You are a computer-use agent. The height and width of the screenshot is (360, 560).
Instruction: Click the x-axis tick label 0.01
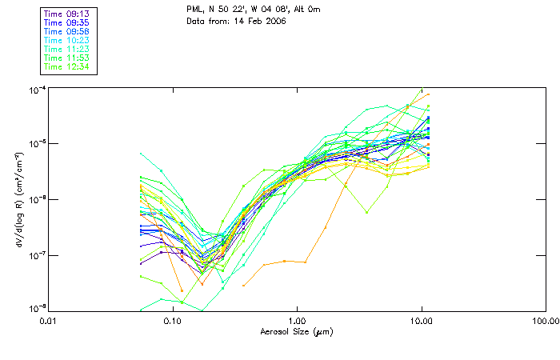(x=48, y=321)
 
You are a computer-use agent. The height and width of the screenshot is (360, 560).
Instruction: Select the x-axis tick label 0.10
(x=172, y=321)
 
